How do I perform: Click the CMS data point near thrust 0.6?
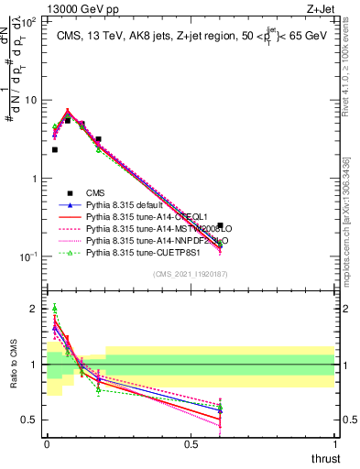tap(220, 224)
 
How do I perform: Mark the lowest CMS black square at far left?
tap(55, 149)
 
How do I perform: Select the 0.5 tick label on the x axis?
tap(191, 443)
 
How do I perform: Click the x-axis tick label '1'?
tap(334, 443)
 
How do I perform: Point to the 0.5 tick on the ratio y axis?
tap(33, 420)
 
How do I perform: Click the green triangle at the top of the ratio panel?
tap(55, 309)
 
